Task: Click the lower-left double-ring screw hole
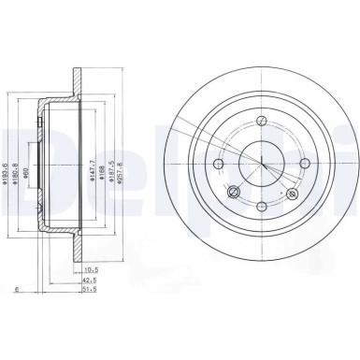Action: coord(235,193)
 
